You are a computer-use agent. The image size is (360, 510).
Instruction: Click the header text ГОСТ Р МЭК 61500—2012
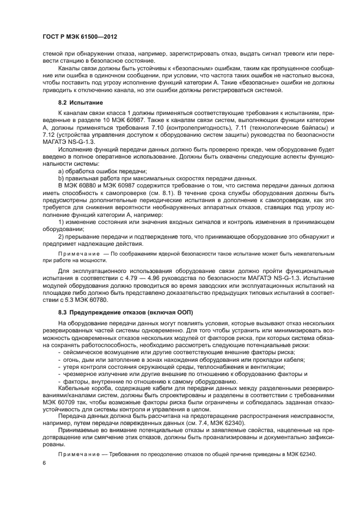tap(80, 37)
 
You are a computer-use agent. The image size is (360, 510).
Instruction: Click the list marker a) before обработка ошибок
tap(61, 171)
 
